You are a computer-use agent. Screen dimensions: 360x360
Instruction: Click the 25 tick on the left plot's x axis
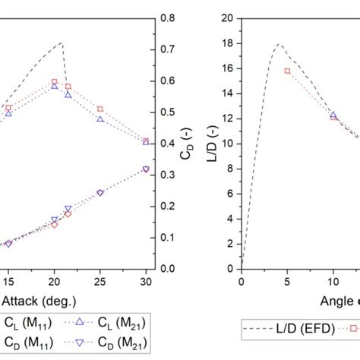click(x=100, y=282)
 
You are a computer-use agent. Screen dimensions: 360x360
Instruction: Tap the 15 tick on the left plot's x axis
click(x=8, y=282)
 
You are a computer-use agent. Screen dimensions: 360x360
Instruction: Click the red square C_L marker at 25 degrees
click(x=100, y=109)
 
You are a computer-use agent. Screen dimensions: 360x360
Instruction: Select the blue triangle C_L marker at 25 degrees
click(x=100, y=119)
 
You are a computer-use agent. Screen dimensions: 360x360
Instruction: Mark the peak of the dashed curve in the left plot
click(x=61, y=43)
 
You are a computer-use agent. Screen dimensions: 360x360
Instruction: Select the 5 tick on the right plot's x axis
click(x=287, y=282)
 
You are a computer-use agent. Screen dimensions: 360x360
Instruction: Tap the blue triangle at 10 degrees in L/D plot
click(x=333, y=115)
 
